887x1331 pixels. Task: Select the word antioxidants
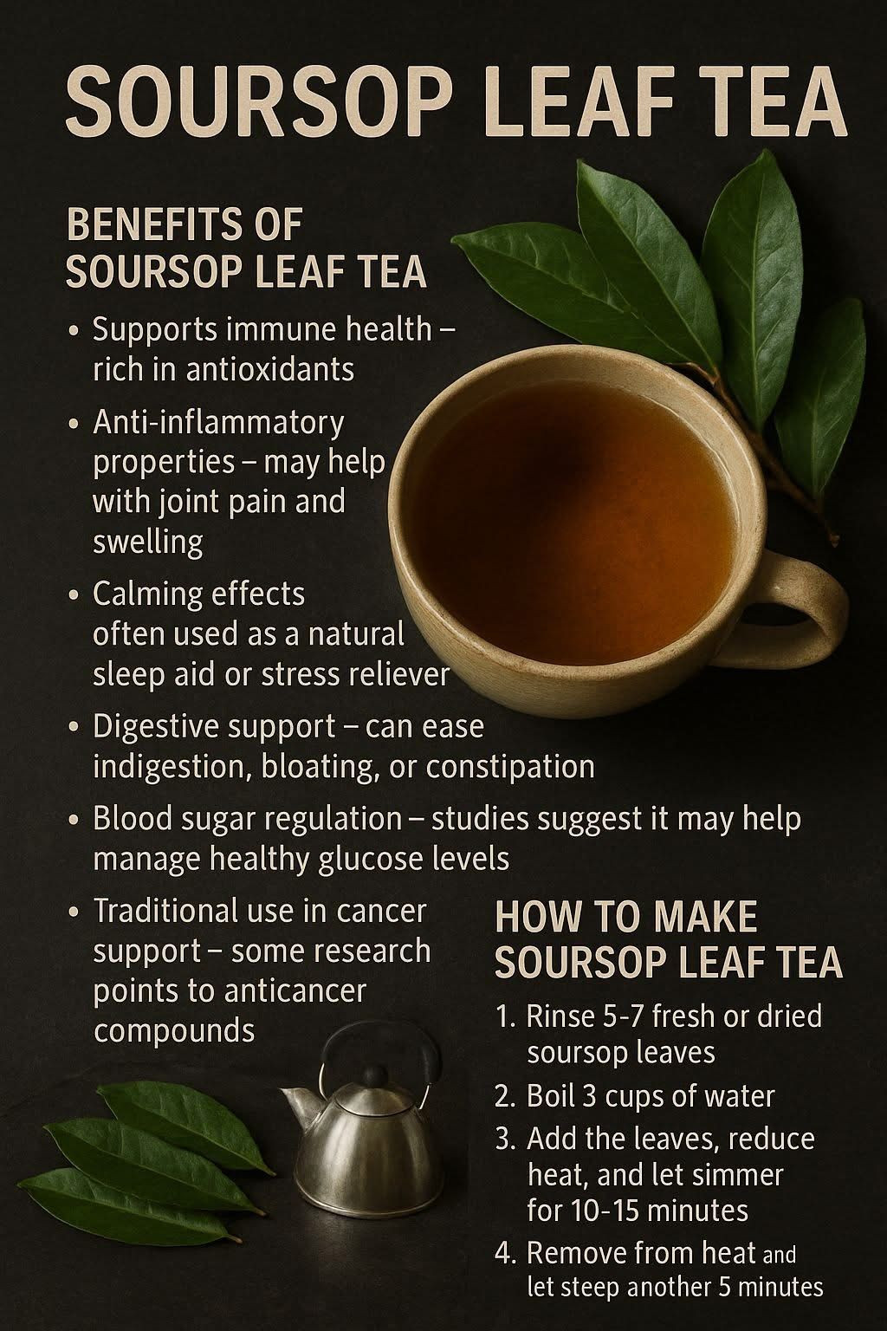tap(269, 370)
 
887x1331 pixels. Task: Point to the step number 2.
tap(504, 1097)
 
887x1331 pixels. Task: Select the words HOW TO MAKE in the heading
tap(626, 917)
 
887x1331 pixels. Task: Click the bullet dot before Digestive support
tap(74, 728)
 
